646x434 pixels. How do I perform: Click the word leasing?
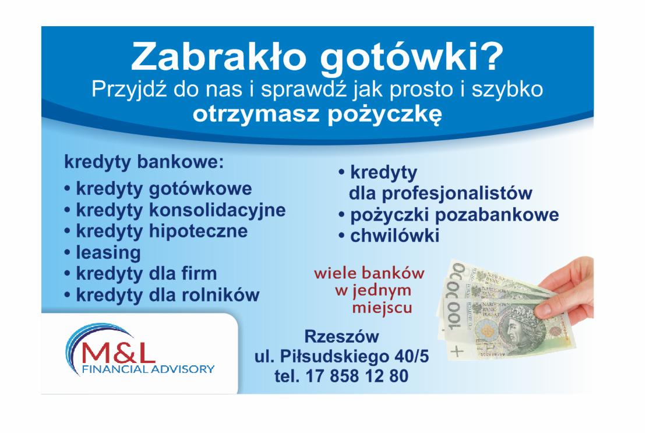[x=108, y=252]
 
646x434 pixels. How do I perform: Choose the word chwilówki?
[x=394, y=236]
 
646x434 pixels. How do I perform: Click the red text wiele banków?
[x=369, y=273]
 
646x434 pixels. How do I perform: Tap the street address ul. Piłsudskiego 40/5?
[x=341, y=356]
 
